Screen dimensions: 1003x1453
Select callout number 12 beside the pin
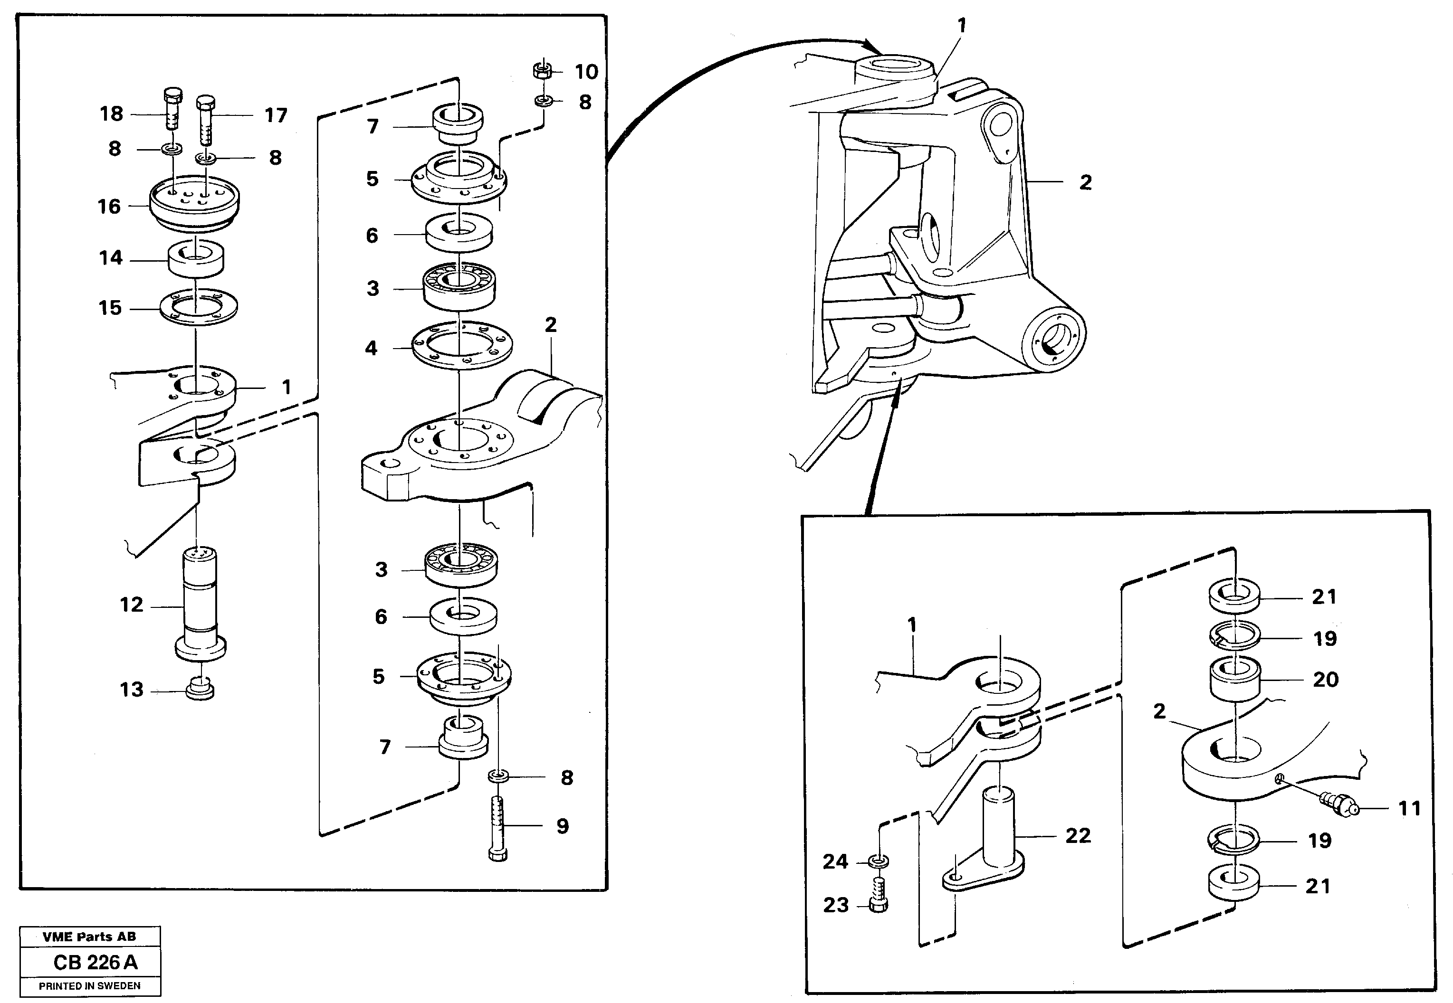132,605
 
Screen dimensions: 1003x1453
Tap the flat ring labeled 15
198,307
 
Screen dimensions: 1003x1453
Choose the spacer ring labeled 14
196,258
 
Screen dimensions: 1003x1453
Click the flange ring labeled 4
462,346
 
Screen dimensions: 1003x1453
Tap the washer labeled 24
879,861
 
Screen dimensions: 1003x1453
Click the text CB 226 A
96,963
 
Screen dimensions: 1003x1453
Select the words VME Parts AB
89,937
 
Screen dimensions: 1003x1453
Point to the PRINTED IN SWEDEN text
89,986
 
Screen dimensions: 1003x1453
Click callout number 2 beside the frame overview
1085,182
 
